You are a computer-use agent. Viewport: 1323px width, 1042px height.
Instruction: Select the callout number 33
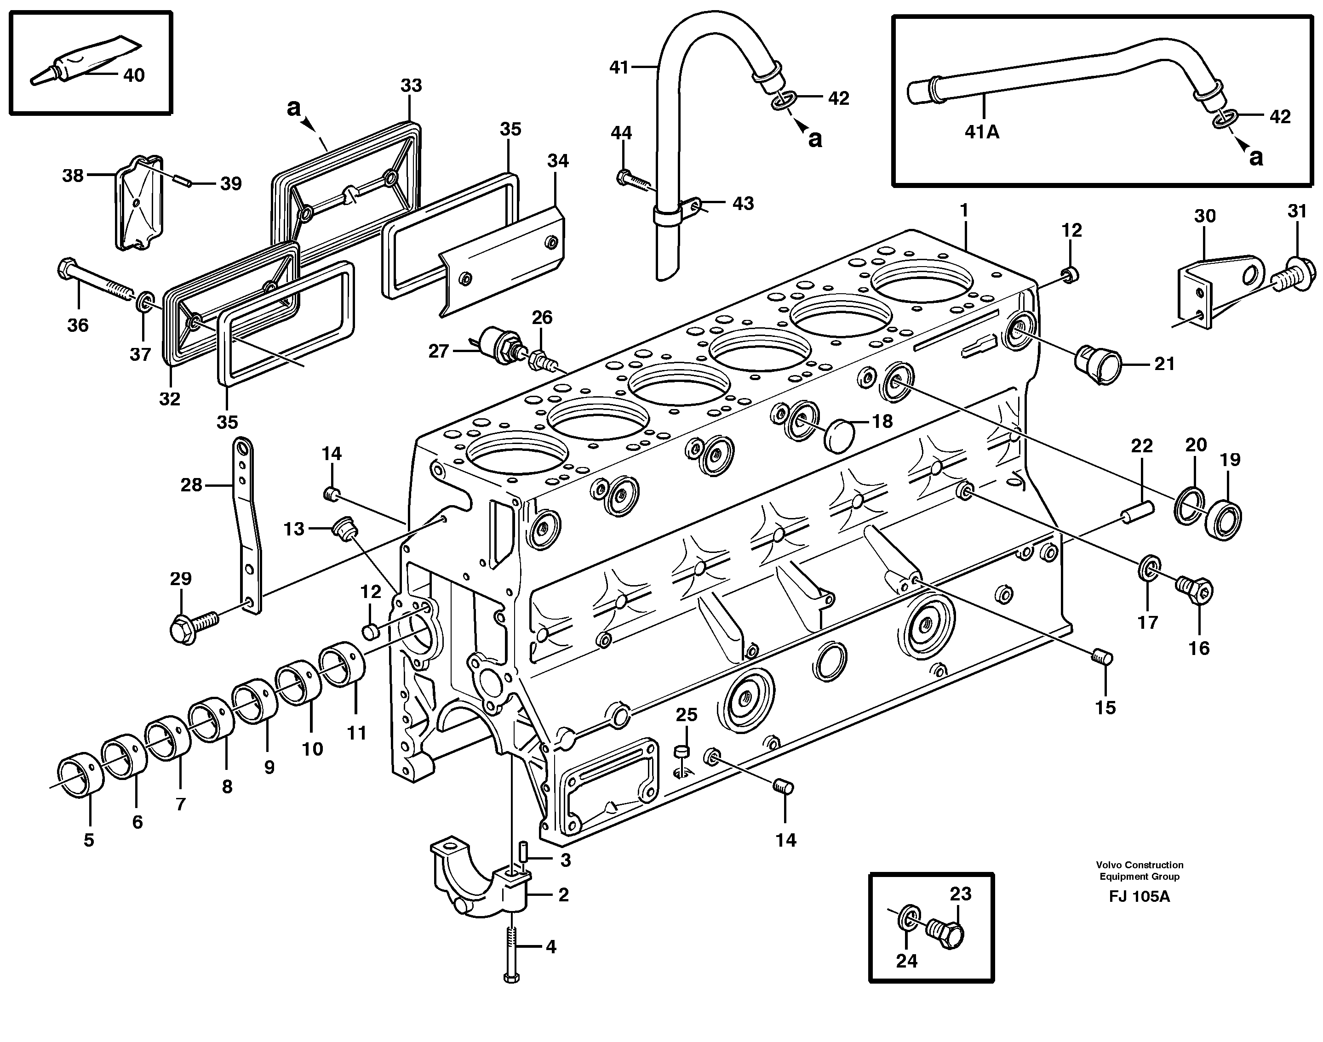[x=411, y=85]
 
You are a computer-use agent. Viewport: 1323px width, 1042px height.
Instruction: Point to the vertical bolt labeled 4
[x=511, y=951]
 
